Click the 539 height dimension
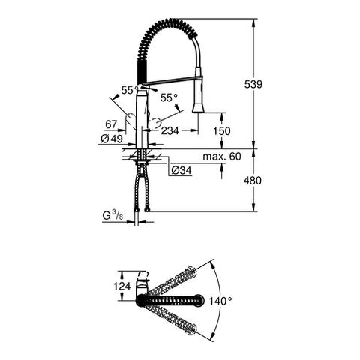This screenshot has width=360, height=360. [253, 84]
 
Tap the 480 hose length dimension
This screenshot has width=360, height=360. [253, 181]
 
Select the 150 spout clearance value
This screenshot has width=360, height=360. [222, 131]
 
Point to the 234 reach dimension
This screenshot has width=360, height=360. [170, 130]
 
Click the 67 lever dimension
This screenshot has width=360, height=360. [111, 124]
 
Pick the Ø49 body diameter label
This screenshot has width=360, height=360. [112, 139]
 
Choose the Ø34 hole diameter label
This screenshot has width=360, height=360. [181, 170]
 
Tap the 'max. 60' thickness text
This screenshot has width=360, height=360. [222, 157]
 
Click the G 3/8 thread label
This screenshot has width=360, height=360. [112, 215]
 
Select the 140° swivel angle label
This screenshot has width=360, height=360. [220, 301]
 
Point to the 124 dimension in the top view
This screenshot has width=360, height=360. [122, 286]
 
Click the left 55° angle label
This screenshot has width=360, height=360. [130, 90]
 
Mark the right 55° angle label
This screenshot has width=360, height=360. [169, 97]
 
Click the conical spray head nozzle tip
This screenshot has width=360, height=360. [198, 108]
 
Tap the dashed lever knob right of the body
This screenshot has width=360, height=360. [155, 123]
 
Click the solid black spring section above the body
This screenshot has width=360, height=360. [141, 70]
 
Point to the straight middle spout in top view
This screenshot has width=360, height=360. [169, 300]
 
